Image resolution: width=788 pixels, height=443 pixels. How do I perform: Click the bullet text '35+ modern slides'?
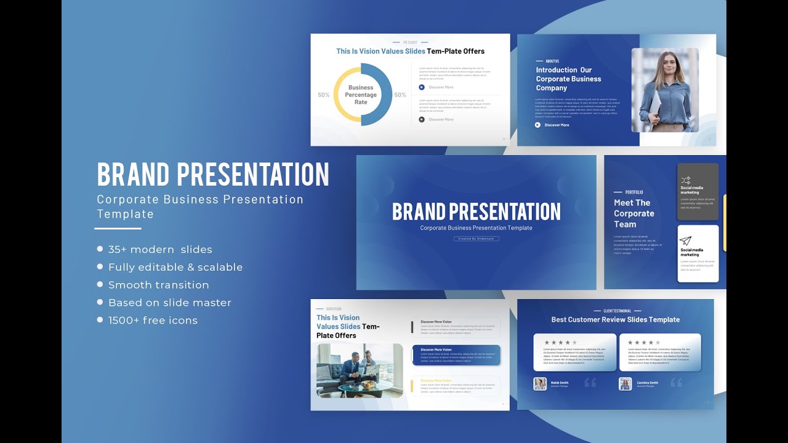(x=160, y=249)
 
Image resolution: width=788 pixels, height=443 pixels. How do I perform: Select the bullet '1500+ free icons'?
(x=153, y=320)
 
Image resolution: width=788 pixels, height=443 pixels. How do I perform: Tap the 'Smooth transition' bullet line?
(x=158, y=285)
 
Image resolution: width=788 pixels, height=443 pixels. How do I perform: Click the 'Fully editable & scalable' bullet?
(x=175, y=267)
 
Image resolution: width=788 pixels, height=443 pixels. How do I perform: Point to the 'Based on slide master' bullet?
(x=170, y=303)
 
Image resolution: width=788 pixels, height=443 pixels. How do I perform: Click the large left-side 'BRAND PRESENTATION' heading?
(x=213, y=175)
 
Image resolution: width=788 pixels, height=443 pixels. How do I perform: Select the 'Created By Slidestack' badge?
(x=476, y=239)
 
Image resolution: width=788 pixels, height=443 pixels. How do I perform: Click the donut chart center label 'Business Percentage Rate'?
(x=361, y=95)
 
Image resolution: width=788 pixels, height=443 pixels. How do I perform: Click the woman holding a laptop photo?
(x=665, y=90)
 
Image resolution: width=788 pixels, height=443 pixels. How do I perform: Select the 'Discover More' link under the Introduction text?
(x=556, y=125)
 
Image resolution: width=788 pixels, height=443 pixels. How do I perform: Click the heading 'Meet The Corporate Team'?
(x=633, y=214)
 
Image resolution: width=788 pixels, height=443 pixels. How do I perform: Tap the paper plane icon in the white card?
(x=686, y=241)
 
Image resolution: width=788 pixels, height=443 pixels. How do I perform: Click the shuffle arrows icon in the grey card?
(x=686, y=180)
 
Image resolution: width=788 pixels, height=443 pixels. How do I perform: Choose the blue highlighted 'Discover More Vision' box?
(x=456, y=355)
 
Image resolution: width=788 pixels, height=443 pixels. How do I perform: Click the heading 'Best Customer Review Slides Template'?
(x=615, y=319)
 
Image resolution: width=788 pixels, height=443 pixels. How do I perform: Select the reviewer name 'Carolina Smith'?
(x=647, y=383)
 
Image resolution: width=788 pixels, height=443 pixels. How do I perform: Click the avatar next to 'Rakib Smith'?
(x=540, y=384)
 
